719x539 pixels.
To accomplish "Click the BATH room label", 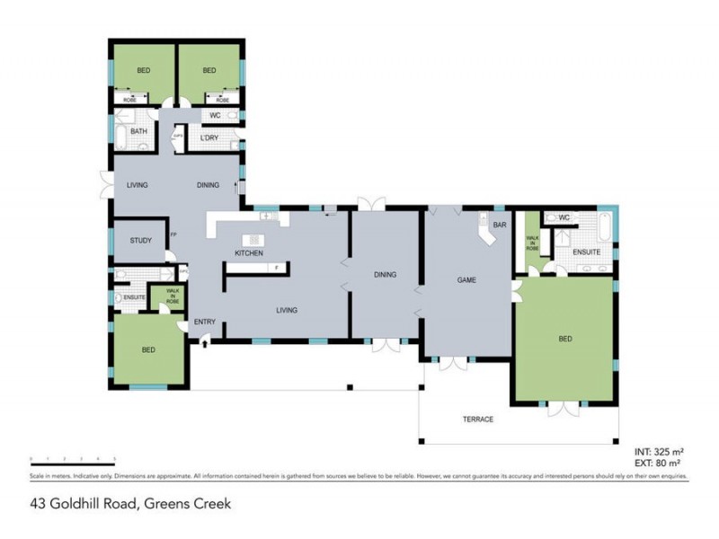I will (138, 131).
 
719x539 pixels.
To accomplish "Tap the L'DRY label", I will (209, 137).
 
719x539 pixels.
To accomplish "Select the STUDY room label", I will (140, 241).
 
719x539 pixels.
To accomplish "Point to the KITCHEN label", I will (249, 254).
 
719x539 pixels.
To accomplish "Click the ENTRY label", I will (204, 322).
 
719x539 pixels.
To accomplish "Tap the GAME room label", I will (466, 280).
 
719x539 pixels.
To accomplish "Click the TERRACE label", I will (477, 420).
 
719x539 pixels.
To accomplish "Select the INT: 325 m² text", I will (661, 451).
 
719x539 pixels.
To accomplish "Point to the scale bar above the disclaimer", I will (72, 459).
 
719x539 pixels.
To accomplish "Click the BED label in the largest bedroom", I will (564, 339).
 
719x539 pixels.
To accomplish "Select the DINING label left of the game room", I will (385, 275).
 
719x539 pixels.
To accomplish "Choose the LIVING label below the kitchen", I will (287, 310).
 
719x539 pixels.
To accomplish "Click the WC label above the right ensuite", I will (564, 217).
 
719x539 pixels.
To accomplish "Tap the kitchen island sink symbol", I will (254, 239).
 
